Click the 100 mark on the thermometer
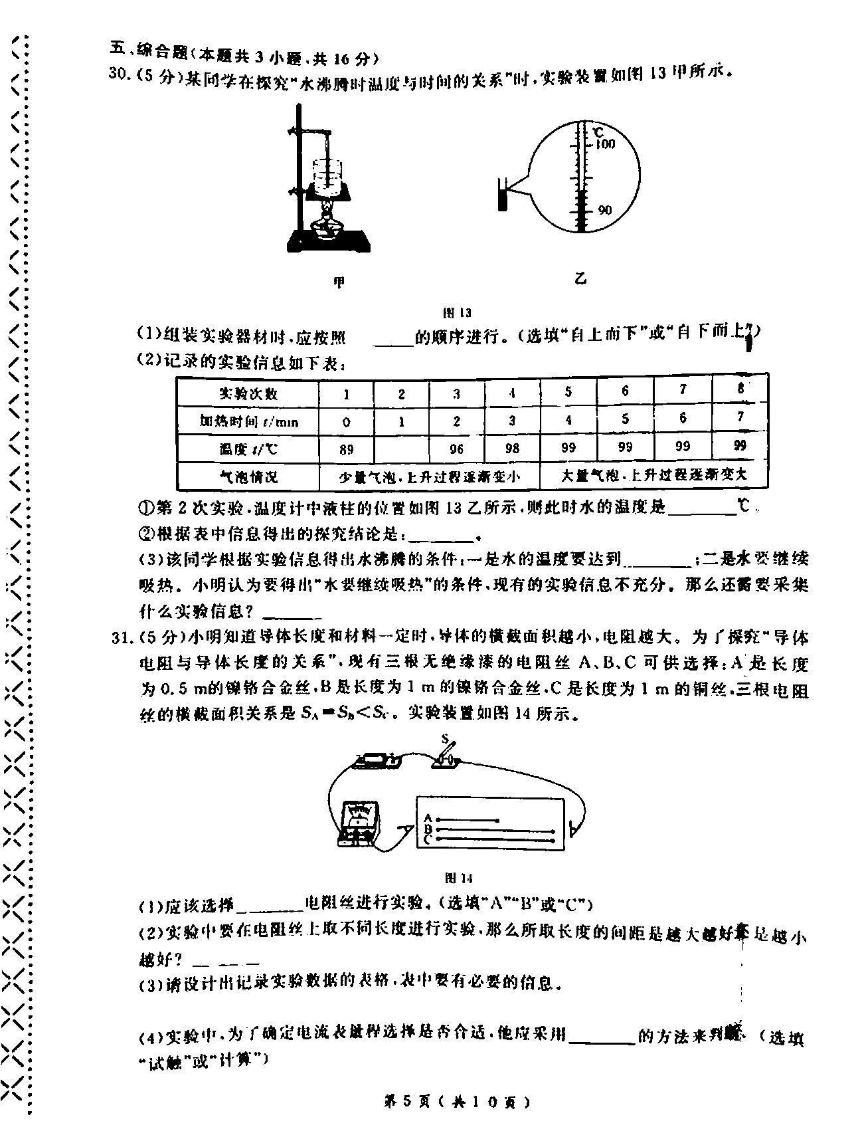[605, 144]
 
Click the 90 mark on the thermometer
[604, 211]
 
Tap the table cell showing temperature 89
[346, 449]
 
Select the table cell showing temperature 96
[456, 449]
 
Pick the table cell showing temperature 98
[511, 449]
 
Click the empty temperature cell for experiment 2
[401, 449]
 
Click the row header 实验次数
[248, 393]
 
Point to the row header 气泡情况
[248, 477]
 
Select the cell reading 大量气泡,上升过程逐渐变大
[654, 476]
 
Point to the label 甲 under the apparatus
[339, 282]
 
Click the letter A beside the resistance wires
[428, 818]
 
